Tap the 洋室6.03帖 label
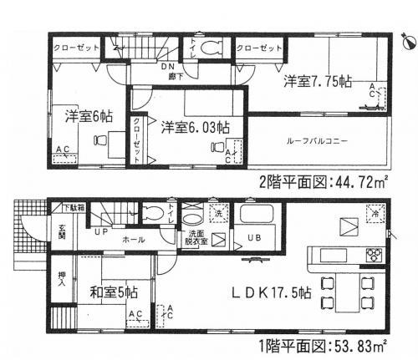196,127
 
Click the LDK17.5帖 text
273,294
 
